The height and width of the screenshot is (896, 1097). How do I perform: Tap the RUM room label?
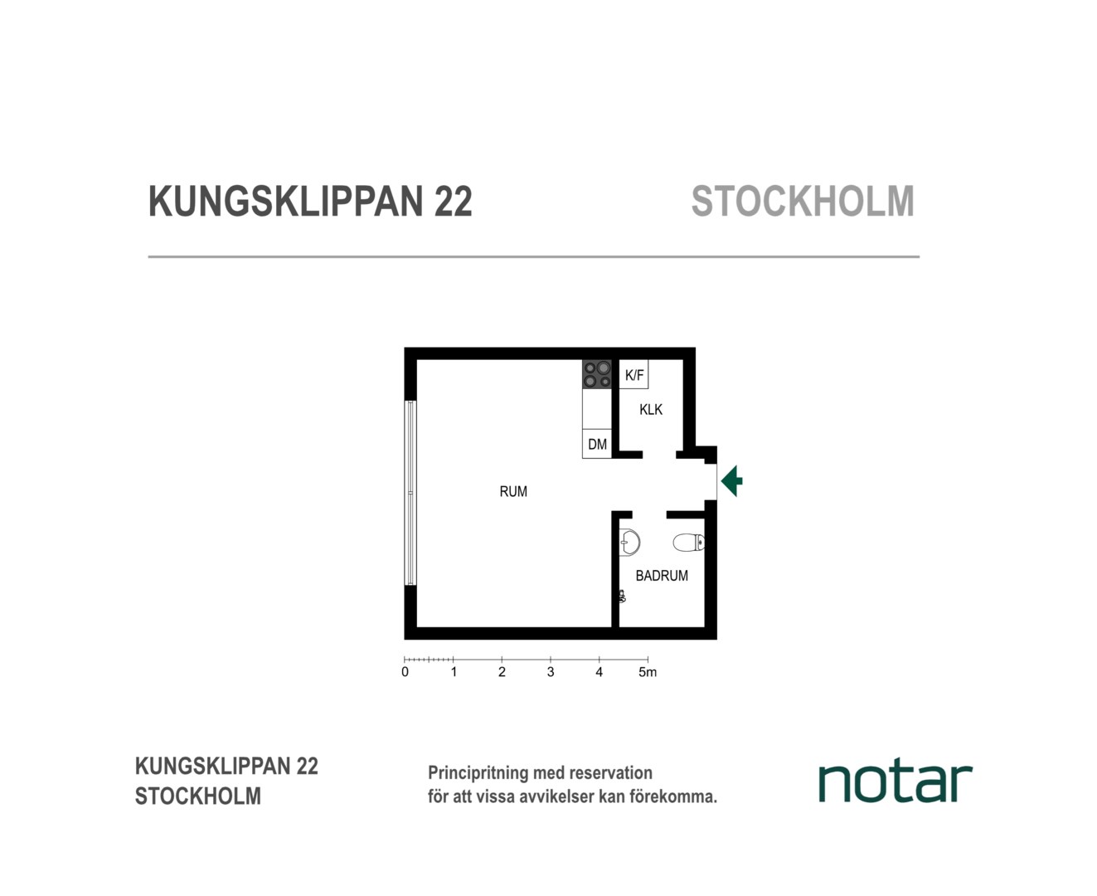[513, 491]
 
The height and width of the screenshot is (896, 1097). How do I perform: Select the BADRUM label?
[662, 576]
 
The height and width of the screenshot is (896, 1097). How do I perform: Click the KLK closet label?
[651, 410]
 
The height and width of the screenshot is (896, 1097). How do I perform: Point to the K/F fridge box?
[633, 374]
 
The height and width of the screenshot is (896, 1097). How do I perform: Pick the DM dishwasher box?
[597, 444]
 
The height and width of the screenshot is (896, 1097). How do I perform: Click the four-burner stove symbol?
[597, 374]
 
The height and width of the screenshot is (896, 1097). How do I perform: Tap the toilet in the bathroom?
[689, 543]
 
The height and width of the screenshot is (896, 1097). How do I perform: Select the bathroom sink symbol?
[629, 543]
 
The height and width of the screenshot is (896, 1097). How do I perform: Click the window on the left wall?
[411, 493]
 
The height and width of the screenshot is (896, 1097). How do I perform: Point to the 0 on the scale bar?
[405, 672]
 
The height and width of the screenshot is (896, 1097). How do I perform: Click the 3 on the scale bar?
[551, 672]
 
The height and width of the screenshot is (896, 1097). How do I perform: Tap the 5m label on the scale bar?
[648, 672]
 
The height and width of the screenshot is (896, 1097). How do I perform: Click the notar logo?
[896, 783]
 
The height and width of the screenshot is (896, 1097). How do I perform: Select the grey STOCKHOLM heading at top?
[803, 202]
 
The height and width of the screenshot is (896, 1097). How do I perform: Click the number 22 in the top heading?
[453, 202]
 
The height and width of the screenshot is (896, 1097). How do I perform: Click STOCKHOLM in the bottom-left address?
[197, 796]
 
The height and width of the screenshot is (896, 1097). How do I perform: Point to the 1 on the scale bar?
[454, 672]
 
